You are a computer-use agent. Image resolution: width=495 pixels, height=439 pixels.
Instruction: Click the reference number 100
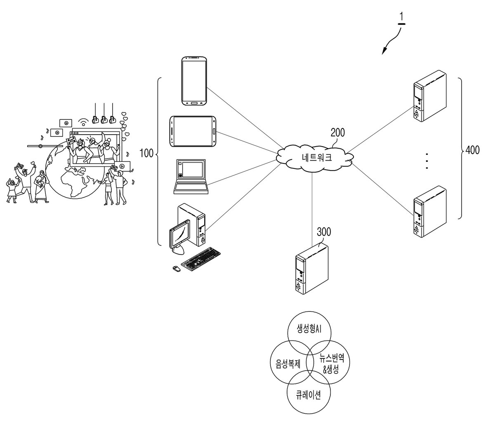coord(146,153)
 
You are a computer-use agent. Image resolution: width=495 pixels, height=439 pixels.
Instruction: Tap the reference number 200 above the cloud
coord(338,133)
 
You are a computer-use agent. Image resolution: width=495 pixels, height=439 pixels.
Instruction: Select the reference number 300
coord(324,232)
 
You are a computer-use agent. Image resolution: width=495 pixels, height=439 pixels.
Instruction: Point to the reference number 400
coord(473,150)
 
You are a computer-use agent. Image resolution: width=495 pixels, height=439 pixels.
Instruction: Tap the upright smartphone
coord(194,81)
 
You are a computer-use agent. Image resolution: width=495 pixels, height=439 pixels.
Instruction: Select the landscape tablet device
coord(193,131)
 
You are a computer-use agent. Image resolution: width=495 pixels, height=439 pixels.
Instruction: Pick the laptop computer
coord(191,177)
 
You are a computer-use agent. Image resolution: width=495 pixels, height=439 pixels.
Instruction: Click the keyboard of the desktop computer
coord(200,259)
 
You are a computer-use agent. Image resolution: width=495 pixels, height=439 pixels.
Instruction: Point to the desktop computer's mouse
coord(177,269)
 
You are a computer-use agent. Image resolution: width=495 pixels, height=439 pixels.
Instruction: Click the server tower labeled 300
coord(312,269)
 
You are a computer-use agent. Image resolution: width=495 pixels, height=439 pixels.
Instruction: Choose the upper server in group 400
coord(430,96)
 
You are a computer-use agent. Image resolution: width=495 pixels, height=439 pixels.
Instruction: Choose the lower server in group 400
coord(430,212)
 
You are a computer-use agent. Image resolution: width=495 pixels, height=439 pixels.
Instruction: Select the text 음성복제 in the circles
coord(288,364)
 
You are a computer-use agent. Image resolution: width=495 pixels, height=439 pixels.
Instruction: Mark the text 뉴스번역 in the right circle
coord(332,358)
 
